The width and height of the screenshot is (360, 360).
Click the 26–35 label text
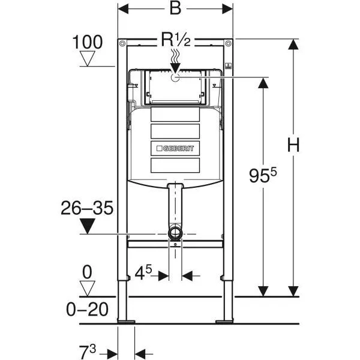pos(87,208)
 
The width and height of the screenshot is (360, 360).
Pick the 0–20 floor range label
pos(88,310)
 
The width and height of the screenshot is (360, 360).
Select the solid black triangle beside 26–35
pos(88,227)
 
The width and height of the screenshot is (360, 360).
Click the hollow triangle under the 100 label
pos(88,58)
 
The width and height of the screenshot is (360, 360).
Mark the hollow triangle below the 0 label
pos(88,289)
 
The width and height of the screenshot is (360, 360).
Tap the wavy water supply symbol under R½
pos(176,61)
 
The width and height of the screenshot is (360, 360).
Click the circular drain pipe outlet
pos(175,233)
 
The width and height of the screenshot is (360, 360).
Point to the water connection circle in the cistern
pos(175,77)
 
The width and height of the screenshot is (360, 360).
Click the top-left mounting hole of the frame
pos(122,44)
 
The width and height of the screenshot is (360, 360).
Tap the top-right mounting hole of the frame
pos(228,44)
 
